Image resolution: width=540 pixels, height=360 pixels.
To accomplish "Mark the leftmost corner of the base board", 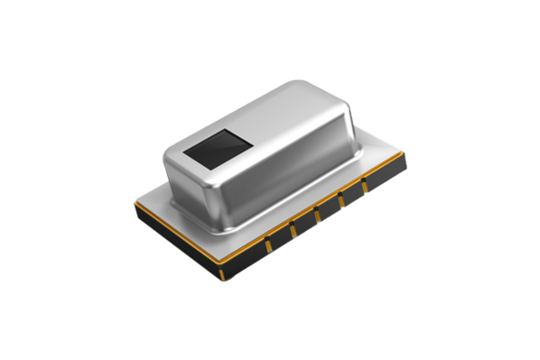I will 133,199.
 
